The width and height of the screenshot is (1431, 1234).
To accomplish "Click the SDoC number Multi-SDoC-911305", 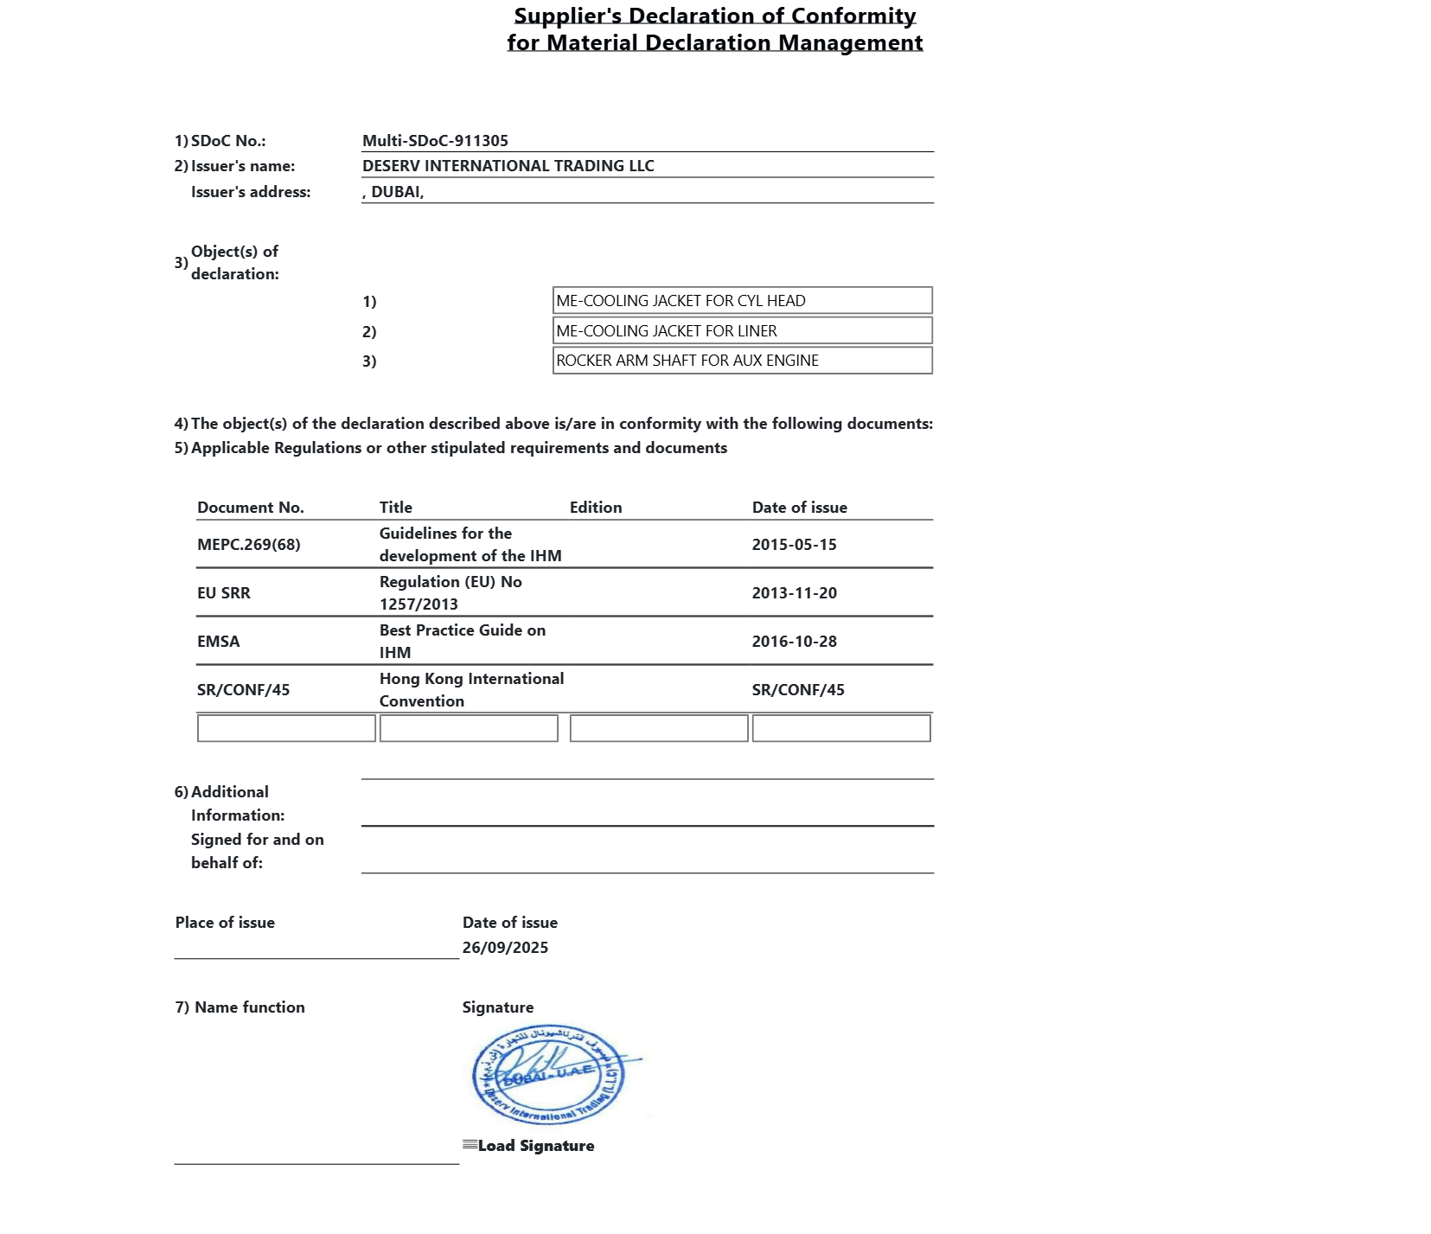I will [435, 141].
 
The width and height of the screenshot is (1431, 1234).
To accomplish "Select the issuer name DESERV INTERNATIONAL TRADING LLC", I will [508, 166].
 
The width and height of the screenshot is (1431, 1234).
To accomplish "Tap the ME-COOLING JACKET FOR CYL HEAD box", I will [742, 301].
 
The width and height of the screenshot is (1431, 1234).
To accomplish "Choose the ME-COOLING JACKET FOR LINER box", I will [742, 331].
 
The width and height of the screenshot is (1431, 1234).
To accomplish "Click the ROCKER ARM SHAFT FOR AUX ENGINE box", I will [742, 361].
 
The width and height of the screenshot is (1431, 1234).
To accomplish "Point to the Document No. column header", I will [251, 508].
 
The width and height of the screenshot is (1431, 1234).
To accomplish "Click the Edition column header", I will [596, 508].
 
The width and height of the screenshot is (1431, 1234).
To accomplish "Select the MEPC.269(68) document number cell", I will [249, 545].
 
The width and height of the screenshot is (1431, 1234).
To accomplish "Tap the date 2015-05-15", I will [794, 545].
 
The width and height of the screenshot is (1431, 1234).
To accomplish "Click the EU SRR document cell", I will [224, 593].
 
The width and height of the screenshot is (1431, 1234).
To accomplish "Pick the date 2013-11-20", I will [794, 593].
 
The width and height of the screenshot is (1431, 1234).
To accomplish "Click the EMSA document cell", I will [219, 642].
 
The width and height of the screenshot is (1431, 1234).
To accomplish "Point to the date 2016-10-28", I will [794, 642].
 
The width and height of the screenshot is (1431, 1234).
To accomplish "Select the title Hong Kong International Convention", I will [471, 690].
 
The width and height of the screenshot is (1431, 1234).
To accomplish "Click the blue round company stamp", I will [548, 1076].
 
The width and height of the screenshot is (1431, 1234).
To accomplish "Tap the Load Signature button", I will [529, 1146].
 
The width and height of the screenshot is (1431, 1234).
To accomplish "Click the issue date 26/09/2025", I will [505, 948].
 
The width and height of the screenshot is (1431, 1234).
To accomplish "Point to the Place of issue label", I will [225, 923].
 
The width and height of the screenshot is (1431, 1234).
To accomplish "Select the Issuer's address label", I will [251, 192].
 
